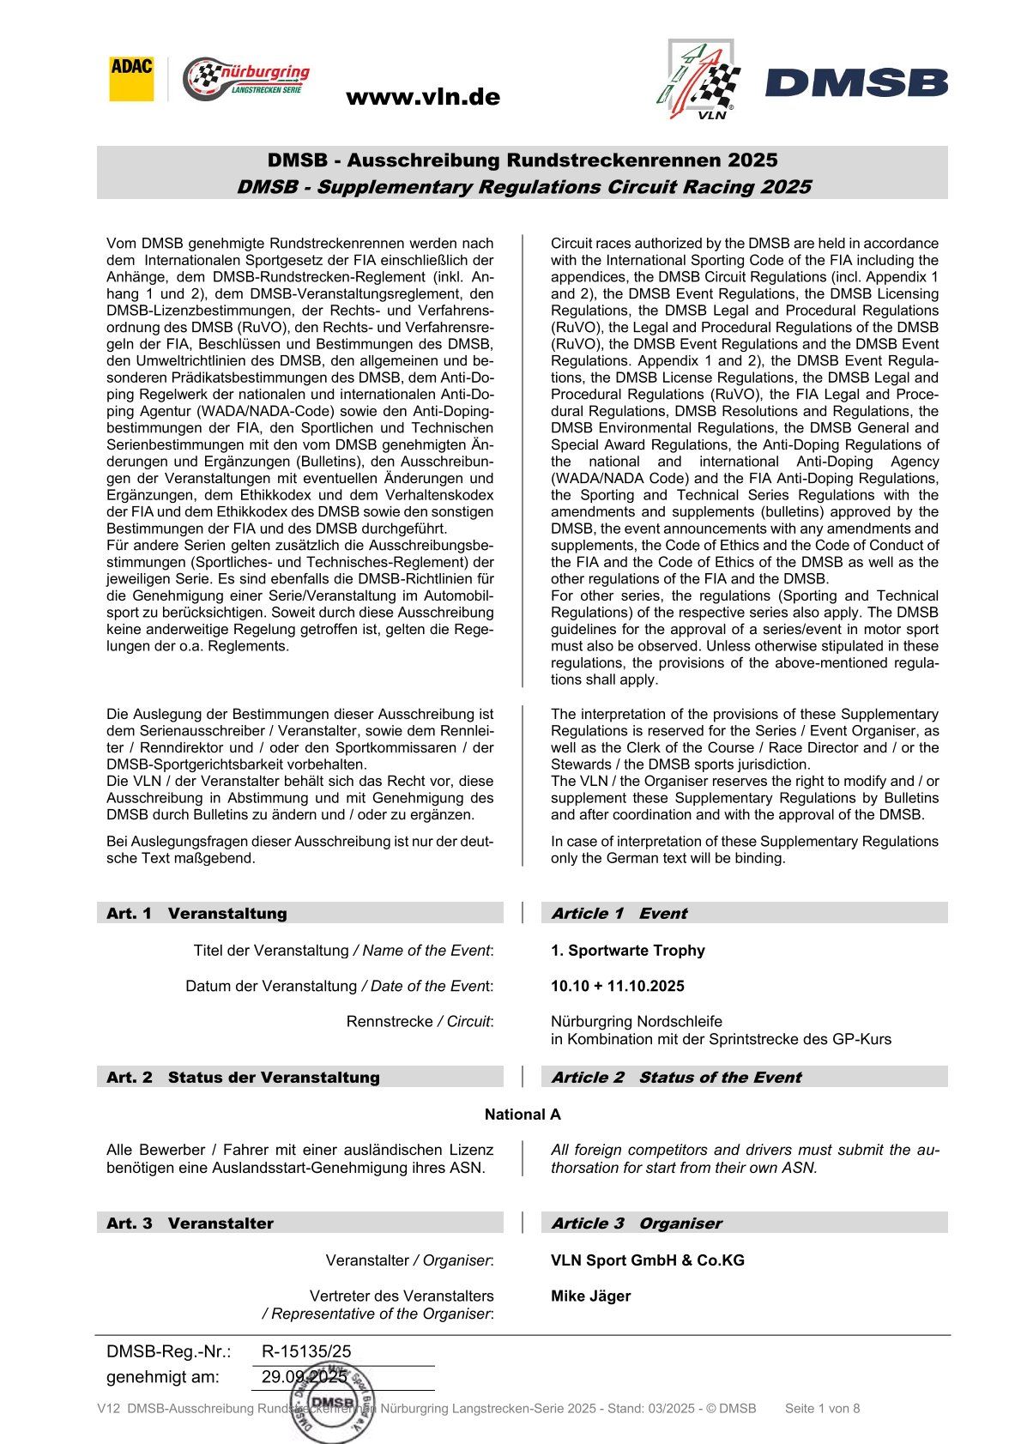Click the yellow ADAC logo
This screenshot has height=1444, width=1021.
click(x=131, y=79)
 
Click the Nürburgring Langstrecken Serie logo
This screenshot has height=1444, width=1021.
click(x=246, y=80)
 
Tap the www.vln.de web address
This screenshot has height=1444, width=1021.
click(x=422, y=97)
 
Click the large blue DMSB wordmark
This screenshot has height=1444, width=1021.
click(x=856, y=83)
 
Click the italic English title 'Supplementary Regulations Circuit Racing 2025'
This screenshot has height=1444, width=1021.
click(x=523, y=187)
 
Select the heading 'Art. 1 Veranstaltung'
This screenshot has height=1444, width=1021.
click(x=196, y=913)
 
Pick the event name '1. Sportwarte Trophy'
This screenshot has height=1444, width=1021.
click(x=627, y=951)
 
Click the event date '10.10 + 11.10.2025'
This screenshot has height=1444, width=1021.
click(x=617, y=986)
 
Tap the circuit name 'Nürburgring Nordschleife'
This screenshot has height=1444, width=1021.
click(x=636, y=1021)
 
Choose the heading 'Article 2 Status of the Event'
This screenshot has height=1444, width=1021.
click(x=675, y=1077)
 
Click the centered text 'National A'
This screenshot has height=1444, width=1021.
click(x=522, y=1115)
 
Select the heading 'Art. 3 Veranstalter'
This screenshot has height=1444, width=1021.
click(x=190, y=1223)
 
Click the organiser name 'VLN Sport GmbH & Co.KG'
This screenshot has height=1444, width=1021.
click(x=647, y=1260)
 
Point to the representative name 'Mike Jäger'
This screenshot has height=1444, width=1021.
click(x=590, y=1296)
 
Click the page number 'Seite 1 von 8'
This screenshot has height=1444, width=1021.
click(x=822, y=1408)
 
